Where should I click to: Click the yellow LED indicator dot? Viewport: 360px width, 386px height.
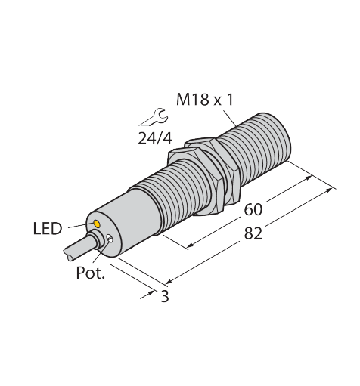[95, 225]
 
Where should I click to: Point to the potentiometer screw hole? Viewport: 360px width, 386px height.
[110, 241]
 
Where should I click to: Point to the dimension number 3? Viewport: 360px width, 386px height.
[163, 297]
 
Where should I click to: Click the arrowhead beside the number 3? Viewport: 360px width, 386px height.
[148, 291]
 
